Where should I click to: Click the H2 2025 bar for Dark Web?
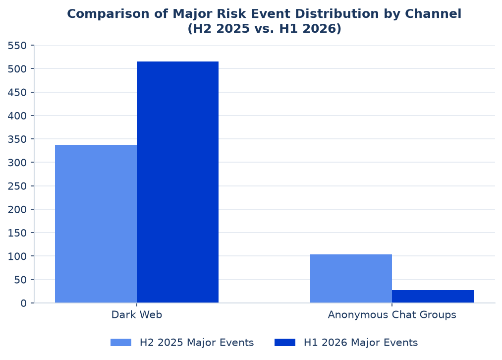(96, 224)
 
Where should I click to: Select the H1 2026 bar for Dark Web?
(178, 182)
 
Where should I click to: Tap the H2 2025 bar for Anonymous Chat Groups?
(351, 278)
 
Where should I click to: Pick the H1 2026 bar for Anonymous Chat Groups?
(433, 296)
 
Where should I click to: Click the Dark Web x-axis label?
(137, 314)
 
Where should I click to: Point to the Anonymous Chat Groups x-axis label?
(392, 314)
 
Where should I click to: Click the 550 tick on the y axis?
(17, 46)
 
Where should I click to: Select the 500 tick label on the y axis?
(17, 69)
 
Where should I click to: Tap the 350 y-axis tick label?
(17, 139)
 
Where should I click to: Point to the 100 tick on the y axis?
(17, 256)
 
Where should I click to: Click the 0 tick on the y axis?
(24, 303)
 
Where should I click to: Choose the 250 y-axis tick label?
(17, 186)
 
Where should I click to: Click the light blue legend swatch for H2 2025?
(121, 342)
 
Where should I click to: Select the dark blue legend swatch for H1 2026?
(285, 342)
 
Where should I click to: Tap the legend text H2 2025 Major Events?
(197, 342)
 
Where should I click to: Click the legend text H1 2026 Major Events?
(361, 342)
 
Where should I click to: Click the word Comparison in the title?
(108, 14)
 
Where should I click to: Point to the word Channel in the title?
(433, 14)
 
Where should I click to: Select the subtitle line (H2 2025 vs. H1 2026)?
(265, 28)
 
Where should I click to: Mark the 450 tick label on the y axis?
(17, 92)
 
